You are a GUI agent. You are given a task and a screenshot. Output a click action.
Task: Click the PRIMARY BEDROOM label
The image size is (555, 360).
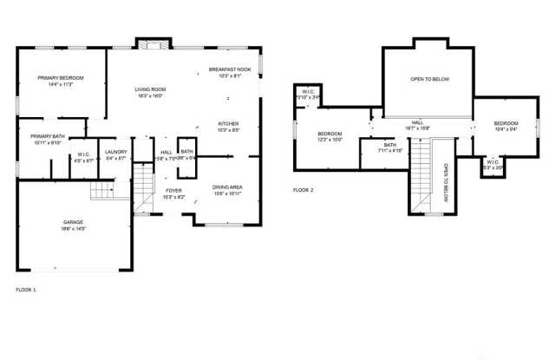pos(60,78)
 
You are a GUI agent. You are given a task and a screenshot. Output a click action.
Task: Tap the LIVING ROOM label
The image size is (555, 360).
pos(150,89)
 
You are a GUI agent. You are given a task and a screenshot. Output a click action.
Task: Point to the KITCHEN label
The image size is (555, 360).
pos(228,124)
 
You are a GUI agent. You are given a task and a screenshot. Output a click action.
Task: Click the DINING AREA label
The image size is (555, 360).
pos(227,187)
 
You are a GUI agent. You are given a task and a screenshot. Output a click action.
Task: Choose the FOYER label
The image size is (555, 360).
pos(174,190)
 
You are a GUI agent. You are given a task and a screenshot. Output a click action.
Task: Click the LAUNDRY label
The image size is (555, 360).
pos(115,152)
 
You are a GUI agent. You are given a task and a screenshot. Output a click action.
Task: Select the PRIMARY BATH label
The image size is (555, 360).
pos(47,136)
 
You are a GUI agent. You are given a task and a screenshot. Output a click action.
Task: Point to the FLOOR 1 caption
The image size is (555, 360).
pos(27,289)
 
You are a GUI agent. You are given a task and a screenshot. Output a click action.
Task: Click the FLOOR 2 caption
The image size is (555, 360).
pos(303,189)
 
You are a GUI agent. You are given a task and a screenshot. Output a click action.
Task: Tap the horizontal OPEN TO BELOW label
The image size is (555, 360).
pos(429,79)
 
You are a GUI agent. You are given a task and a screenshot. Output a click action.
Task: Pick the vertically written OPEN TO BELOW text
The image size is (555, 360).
pos(445,182)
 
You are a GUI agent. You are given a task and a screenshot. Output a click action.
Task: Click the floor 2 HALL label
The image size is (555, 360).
pos(417,122)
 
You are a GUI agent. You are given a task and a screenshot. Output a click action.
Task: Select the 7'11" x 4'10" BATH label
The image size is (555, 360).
pos(390,145)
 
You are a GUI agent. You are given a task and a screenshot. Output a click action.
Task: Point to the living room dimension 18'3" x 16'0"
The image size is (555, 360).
pos(150,96)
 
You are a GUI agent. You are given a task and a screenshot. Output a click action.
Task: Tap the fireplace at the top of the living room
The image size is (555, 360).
pos(153,44)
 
